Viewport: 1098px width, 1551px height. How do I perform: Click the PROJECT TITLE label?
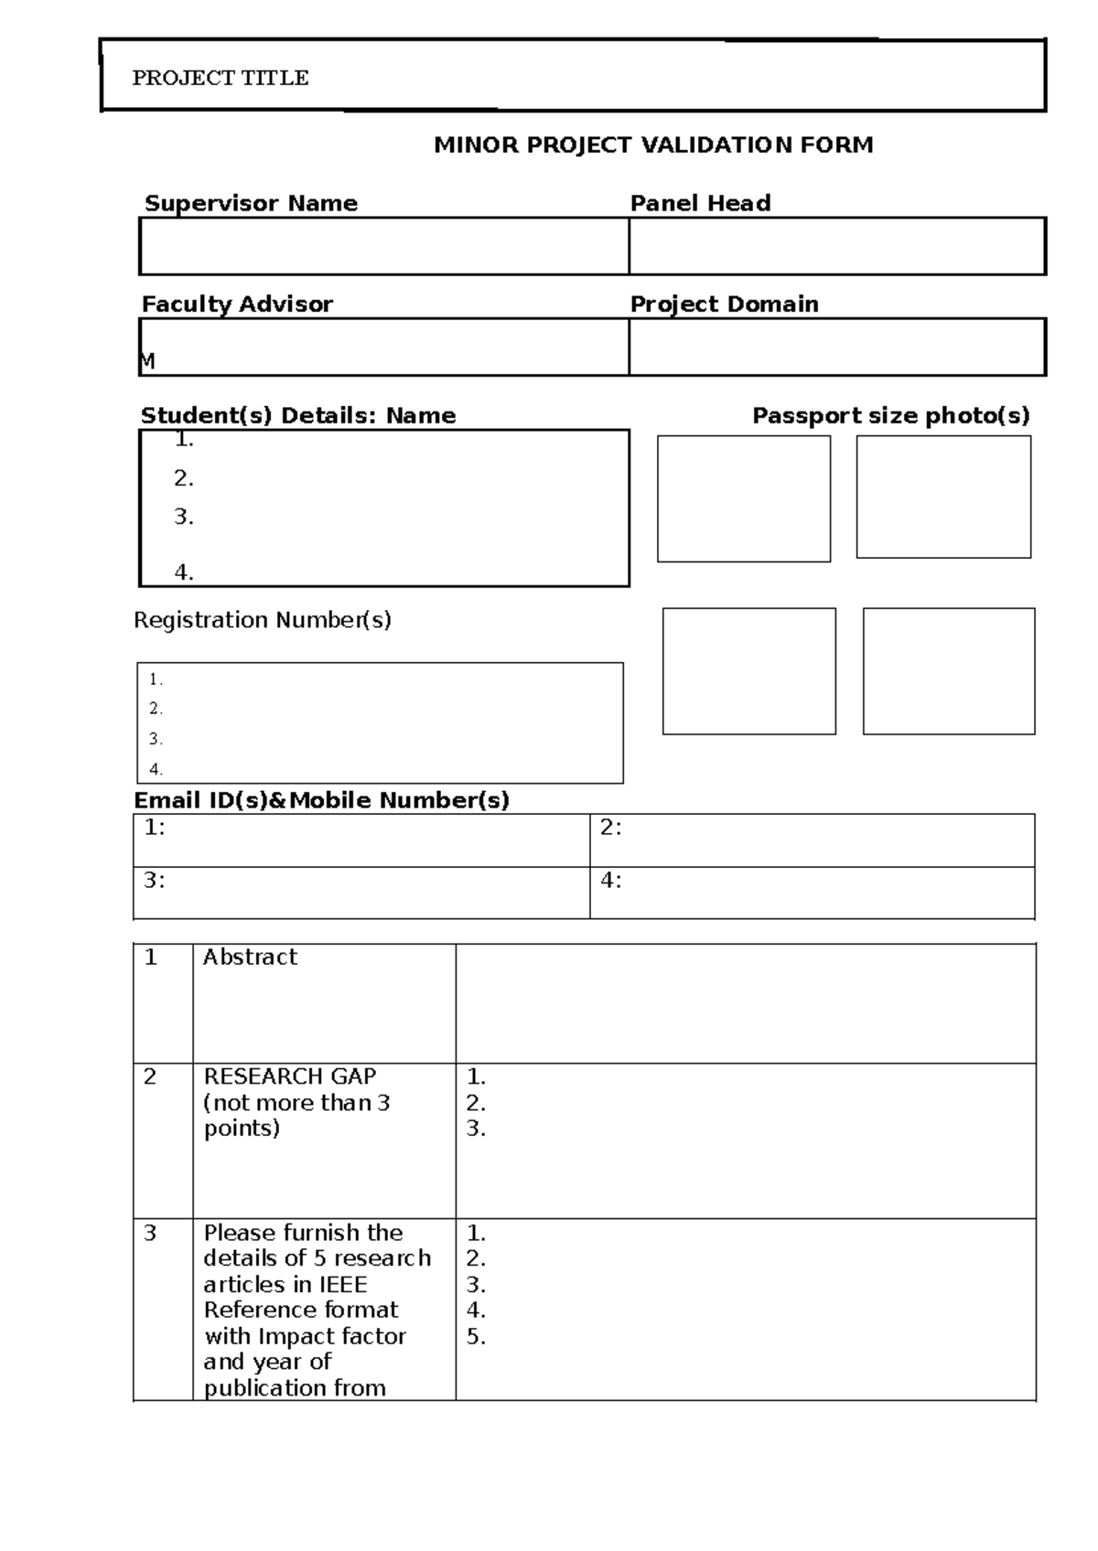[221, 78]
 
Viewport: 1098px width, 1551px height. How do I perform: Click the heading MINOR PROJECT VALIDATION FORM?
[653, 144]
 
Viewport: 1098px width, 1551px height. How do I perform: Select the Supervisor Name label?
[251, 203]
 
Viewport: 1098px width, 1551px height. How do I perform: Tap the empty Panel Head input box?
[836, 246]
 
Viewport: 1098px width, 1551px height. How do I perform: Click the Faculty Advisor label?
[237, 304]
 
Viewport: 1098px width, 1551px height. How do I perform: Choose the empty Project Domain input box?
[836, 347]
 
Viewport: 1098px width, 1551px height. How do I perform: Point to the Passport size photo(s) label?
[890, 416]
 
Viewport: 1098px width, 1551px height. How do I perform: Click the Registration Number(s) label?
[263, 620]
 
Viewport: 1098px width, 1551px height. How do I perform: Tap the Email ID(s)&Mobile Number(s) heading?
[321, 800]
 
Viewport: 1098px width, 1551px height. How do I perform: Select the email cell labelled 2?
[812, 840]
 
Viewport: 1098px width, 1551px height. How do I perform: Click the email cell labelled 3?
[361, 892]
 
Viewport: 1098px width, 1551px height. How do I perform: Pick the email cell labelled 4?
[812, 892]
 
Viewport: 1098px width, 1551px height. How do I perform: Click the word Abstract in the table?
[250, 957]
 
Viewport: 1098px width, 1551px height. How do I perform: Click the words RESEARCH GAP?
[289, 1076]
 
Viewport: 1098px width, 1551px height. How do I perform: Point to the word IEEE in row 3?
[342, 1284]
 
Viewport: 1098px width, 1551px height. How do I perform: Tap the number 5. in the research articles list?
[476, 1337]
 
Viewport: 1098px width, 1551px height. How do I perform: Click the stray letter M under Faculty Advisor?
[147, 361]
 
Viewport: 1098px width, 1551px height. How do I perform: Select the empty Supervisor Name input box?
[384, 246]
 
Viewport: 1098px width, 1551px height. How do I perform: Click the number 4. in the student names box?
[184, 572]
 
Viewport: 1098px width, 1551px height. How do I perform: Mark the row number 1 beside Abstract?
[151, 957]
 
